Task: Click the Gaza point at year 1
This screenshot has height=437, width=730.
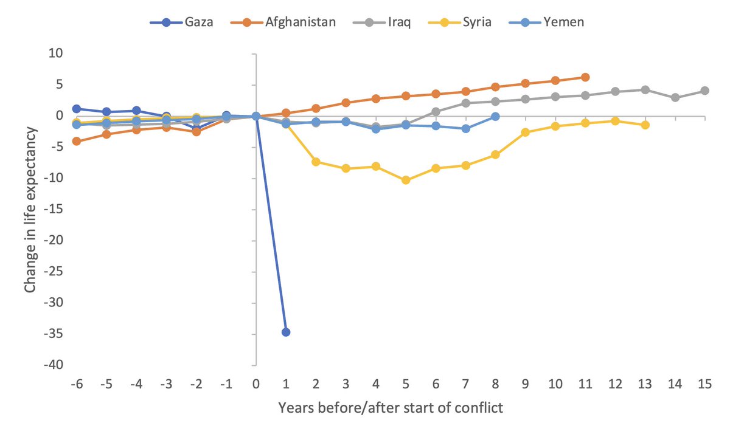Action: [x=286, y=332]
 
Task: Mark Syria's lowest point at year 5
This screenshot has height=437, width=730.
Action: [x=406, y=180]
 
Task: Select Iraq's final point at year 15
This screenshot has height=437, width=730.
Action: [x=704, y=91]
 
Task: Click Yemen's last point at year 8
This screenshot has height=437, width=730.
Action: [x=496, y=116]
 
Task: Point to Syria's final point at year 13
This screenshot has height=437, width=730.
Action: [x=645, y=125]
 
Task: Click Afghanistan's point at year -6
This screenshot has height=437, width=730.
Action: [x=77, y=141]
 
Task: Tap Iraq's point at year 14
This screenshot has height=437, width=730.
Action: [x=675, y=97]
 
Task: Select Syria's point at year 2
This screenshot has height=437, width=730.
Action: [x=316, y=162]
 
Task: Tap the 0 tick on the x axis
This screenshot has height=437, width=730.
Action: [x=256, y=385]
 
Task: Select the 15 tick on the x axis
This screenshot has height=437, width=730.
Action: [x=704, y=385]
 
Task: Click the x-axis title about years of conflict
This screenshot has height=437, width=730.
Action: [x=390, y=408]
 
